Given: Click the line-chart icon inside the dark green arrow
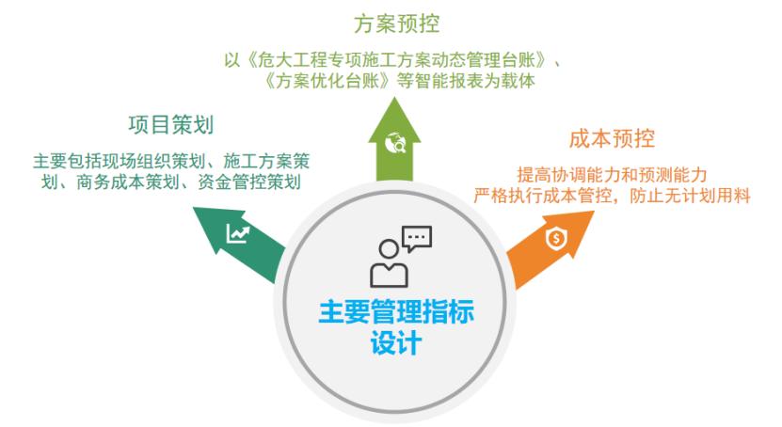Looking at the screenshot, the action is point(236,233).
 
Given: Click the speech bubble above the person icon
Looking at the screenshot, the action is point(416,238).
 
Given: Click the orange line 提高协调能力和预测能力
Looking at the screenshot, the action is point(612,174).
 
